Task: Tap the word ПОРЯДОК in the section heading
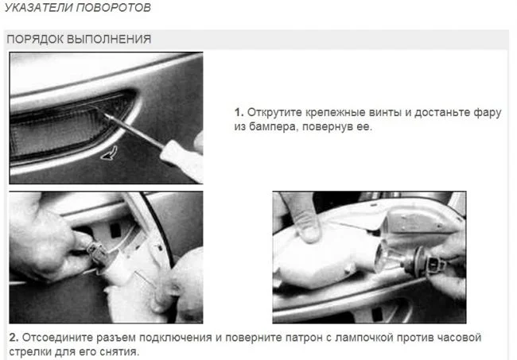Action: tap(35, 39)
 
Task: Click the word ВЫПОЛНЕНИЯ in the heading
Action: tap(109, 39)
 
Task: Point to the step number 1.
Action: tap(239, 112)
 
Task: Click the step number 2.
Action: tap(14, 337)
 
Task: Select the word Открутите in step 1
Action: tap(274, 112)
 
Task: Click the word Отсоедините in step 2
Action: tap(57, 337)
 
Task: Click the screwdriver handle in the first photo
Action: tap(182, 160)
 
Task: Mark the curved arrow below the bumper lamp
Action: tap(109, 153)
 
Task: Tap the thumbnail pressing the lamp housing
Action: tap(309, 231)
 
